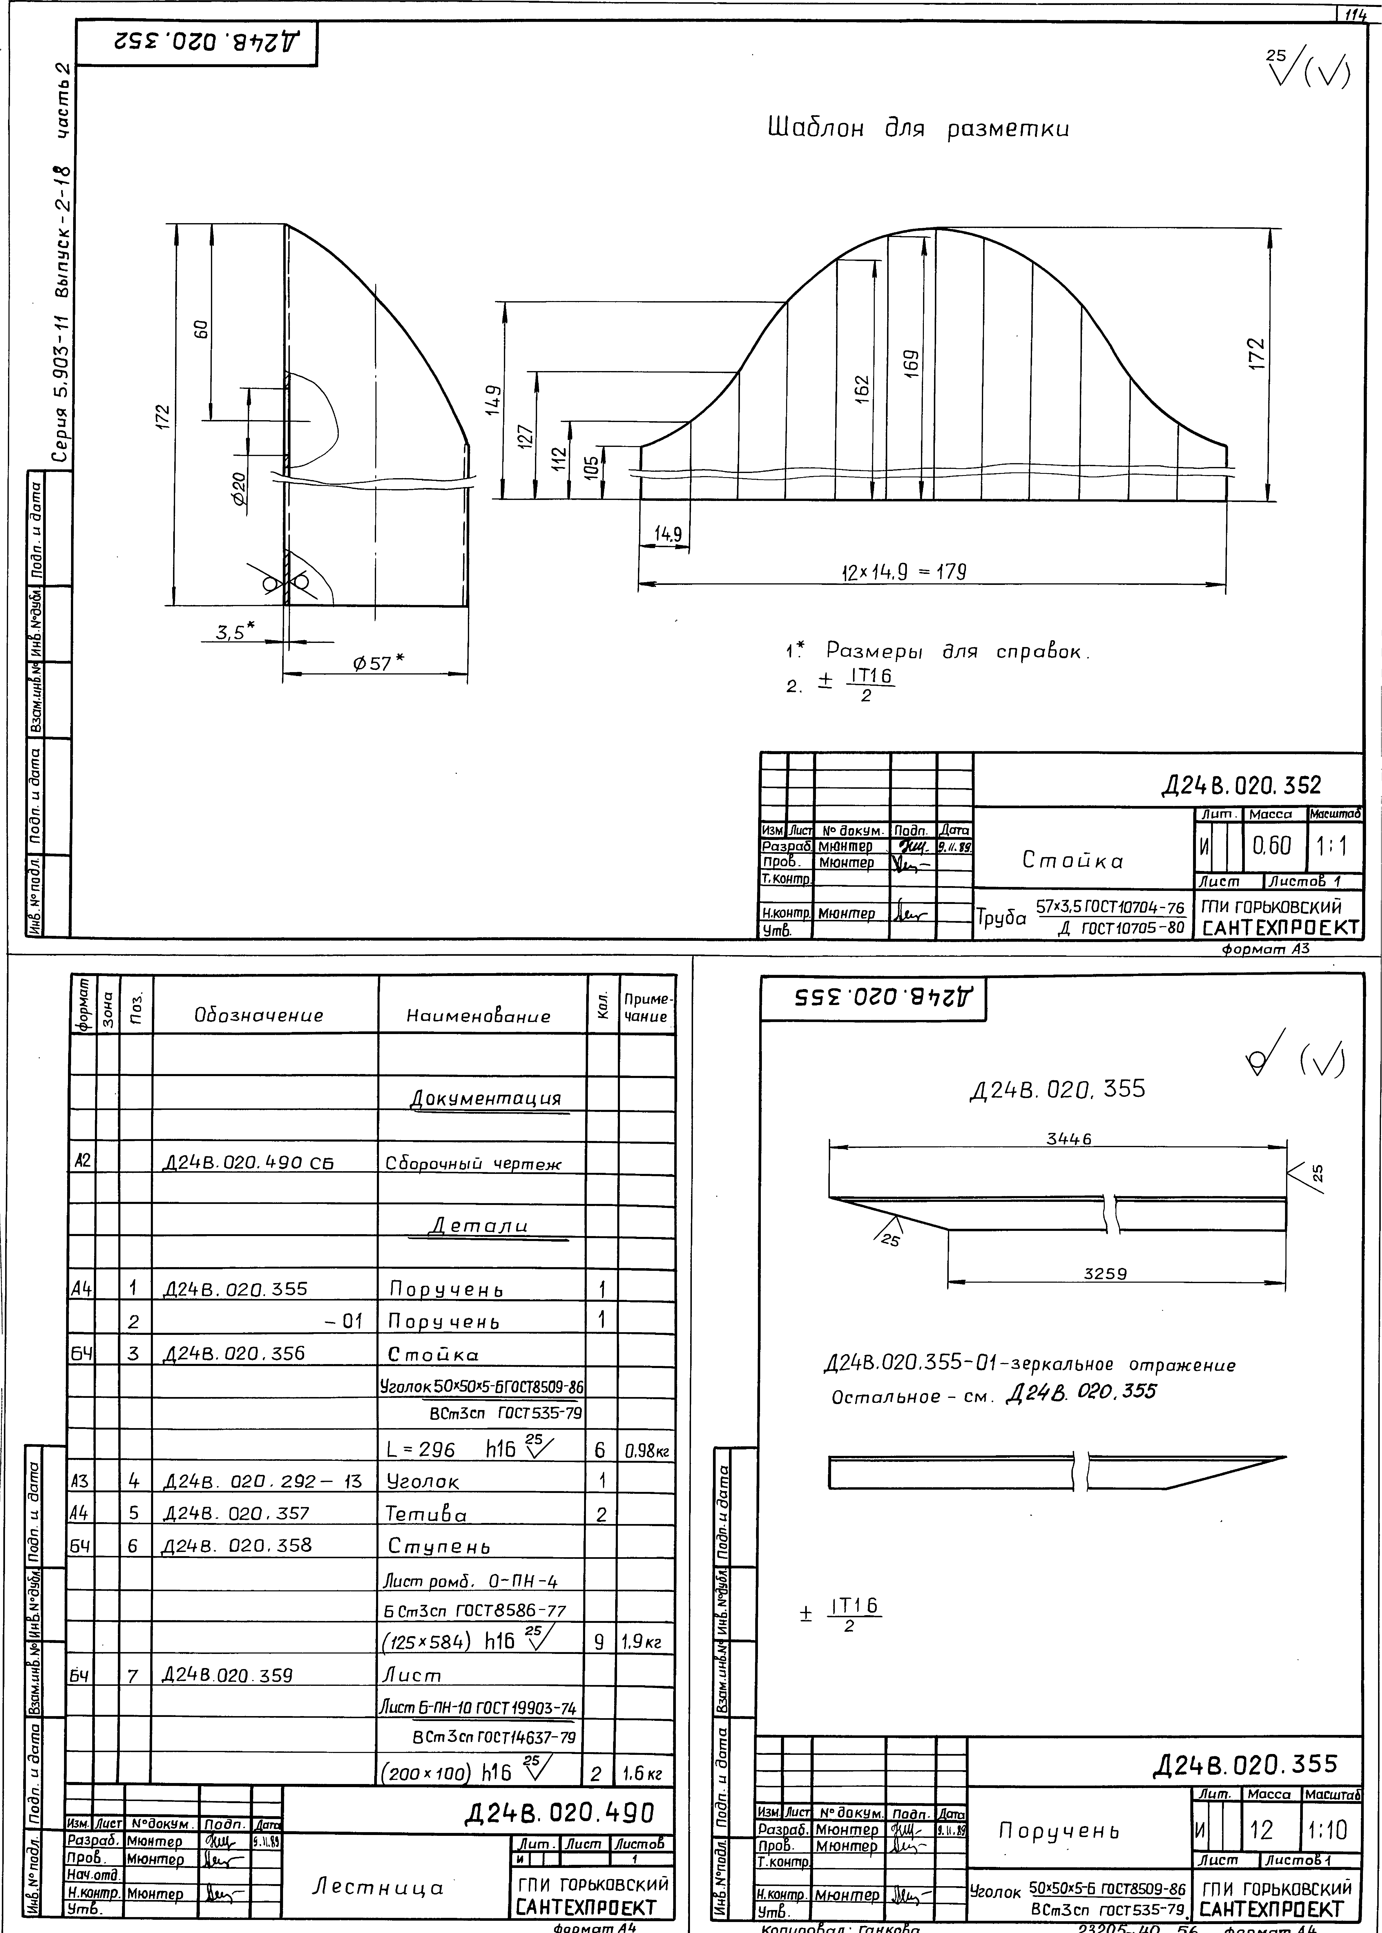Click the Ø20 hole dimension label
tap(240, 489)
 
